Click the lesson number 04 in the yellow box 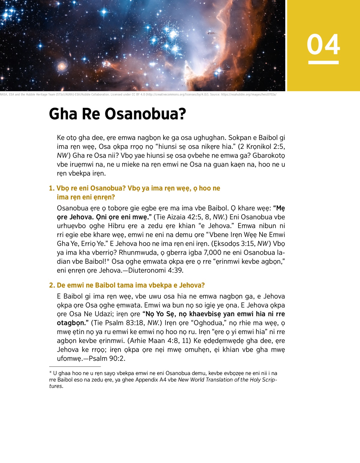point(323,44)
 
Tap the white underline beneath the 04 point(323,62)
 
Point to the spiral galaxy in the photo point(62,66)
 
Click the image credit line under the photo point(138,95)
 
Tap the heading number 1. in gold point(52,188)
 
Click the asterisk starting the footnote point(51,373)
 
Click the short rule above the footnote point(75,366)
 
